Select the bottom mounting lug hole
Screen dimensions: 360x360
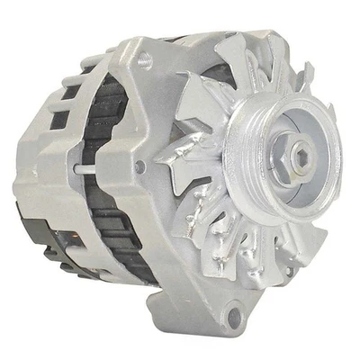tap(235, 316)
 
